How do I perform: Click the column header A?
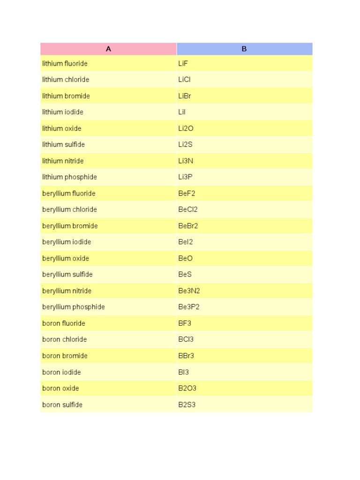pos(108,49)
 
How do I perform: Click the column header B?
pos(244,49)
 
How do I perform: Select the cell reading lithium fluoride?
pos(65,63)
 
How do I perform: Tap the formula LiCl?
pos(184,80)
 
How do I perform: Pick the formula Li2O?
pos(186,128)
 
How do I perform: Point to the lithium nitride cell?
pos(63,161)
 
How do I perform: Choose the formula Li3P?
pos(186,177)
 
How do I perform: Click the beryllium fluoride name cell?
pos(69,194)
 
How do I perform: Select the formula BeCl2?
pos(188,210)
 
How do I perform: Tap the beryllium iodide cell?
pos(67,242)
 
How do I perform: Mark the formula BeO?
pos(185,258)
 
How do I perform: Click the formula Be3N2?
pos(189,291)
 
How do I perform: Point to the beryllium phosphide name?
pos(74,307)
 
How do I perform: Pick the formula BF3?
pos(185,323)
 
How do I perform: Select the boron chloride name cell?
pos(64,339)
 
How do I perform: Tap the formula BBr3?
pos(186,356)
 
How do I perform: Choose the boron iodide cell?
pos(61,372)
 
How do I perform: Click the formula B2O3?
pos(187,388)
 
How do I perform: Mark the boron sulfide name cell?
pos(62,405)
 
